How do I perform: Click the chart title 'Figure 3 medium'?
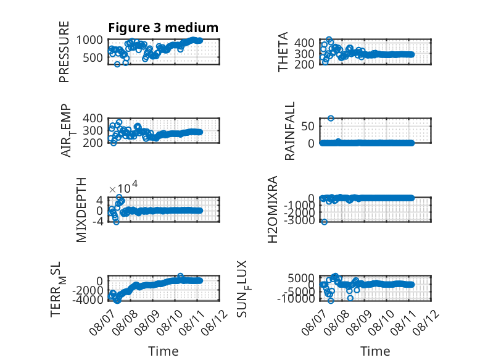click(x=163, y=28)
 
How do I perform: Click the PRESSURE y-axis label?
click(x=64, y=52)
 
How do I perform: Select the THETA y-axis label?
click(x=283, y=52)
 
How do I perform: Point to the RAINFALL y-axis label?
click(x=289, y=131)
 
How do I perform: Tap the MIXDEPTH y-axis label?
click(x=81, y=210)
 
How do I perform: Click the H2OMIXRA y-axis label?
click(x=273, y=209)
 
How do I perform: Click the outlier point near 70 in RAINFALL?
click(x=331, y=119)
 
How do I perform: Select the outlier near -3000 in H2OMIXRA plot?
click(x=325, y=222)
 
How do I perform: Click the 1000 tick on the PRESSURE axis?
click(x=89, y=40)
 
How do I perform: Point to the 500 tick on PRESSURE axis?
click(x=93, y=57)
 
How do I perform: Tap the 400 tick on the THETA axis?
click(x=304, y=43)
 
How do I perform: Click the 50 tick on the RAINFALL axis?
click(x=308, y=126)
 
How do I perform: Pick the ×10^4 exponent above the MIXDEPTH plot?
click(x=123, y=188)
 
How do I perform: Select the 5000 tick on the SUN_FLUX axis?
click(x=301, y=278)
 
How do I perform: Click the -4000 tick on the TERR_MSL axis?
click(x=88, y=299)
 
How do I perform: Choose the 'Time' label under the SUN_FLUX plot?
click(x=375, y=351)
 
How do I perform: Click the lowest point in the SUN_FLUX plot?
click(x=331, y=301)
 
